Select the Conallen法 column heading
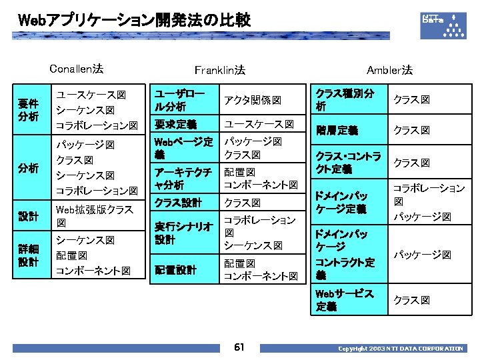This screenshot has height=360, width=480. click(x=77, y=68)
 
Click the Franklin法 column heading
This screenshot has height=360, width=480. click(x=219, y=69)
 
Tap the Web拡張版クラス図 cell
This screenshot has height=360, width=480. click(x=95, y=216)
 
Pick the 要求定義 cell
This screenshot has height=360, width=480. click(x=175, y=124)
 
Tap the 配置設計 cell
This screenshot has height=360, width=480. click(x=175, y=270)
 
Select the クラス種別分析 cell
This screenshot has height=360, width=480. click(x=345, y=100)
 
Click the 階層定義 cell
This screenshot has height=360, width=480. click(x=337, y=130)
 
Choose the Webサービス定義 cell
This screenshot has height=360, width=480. click(x=345, y=300)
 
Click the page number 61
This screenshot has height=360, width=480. click(x=239, y=347)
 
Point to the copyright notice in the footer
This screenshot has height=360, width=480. click(x=400, y=348)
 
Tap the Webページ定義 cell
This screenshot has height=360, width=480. click(x=183, y=148)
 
